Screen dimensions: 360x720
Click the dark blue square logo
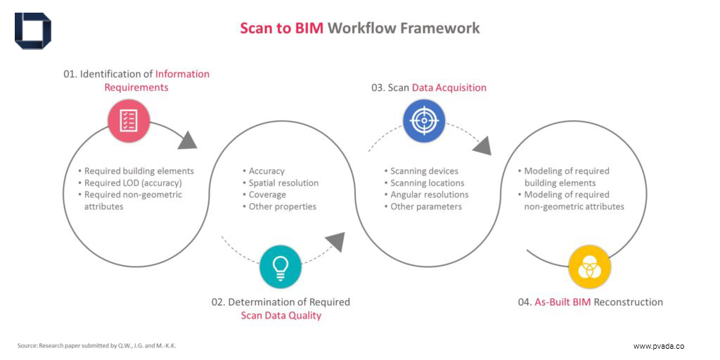point(33,31)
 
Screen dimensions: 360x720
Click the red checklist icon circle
point(129,121)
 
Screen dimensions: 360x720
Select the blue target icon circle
point(424,121)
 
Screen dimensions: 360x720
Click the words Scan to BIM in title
point(281,28)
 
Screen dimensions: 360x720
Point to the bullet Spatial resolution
point(283,183)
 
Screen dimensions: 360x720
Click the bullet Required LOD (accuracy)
point(133,183)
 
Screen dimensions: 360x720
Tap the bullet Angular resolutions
point(429,195)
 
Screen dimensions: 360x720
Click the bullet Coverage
point(267,195)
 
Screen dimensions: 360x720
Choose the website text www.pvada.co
point(659,346)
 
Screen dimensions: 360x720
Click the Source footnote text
point(96,345)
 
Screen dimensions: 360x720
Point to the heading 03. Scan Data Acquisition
point(429,88)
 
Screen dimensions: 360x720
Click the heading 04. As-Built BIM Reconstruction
point(591,302)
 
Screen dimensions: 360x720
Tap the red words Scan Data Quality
point(281,316)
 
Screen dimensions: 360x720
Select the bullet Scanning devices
point(424,171)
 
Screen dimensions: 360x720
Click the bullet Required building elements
point(139,171)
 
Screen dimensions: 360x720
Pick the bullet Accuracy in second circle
point(266,171)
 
